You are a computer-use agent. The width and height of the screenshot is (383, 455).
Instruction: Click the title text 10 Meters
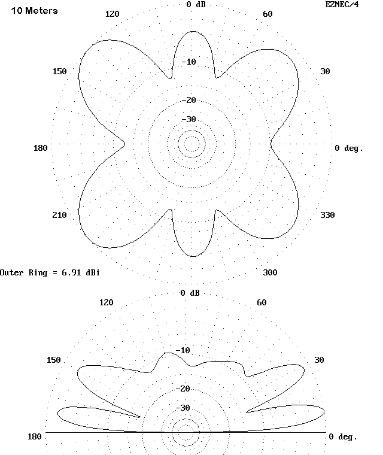coord(34,11)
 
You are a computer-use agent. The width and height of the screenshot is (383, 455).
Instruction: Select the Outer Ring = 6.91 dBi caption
coord(50,273)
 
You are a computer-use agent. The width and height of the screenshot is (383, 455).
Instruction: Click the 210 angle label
coord(59,216)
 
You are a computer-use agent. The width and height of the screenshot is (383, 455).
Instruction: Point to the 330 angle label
coord(327,216)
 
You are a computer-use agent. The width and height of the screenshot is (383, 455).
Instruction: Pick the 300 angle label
coord(270,273)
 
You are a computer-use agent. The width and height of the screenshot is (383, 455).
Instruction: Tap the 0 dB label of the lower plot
coord(190,293)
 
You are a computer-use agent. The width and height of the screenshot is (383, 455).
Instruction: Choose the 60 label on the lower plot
coord(262,302)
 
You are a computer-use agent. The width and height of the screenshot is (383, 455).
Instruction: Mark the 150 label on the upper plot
coord(59,72)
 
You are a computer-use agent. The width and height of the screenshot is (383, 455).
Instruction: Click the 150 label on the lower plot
coord(54,360)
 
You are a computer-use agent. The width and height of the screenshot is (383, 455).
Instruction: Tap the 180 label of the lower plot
coord(35,436)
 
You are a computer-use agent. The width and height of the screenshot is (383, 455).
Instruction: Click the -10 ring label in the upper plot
coord(189,62)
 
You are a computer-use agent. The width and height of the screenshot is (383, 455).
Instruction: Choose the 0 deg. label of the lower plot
coord(343,436)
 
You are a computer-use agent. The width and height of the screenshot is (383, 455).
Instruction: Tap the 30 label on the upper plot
coord(325,72)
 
